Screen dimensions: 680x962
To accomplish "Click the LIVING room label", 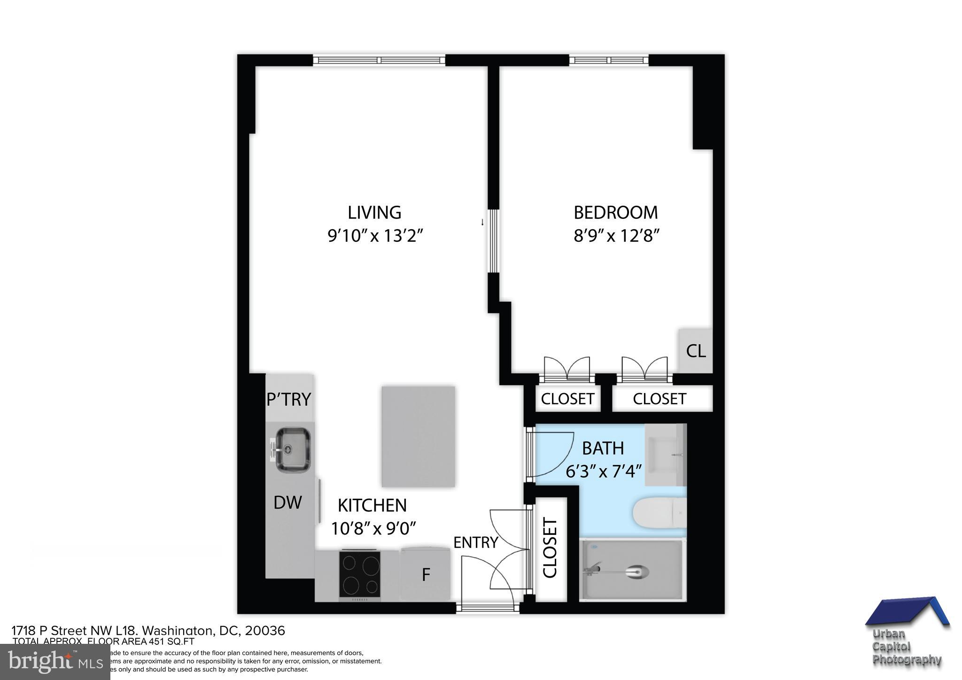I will [x=374, y=212].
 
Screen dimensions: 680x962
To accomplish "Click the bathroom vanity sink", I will [x=665, y=454].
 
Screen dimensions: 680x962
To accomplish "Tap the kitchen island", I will [x=418, y=436].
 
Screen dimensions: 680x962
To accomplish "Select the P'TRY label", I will [x=288, y=399].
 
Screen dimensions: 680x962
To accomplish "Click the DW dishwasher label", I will [x=287, y=503].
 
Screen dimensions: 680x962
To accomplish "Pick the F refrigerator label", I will [x=426, y=575].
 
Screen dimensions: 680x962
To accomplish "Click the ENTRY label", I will [x=475, y=542].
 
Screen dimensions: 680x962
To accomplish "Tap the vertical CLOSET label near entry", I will [x=550, y=548].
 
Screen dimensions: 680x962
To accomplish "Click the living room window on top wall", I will [x=379, y=60].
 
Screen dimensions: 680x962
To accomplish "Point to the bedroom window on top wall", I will [x=609, y=60].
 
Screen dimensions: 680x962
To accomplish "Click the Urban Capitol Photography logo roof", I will [x=907, y=612].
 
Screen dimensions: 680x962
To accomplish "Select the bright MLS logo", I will [x=55, y=662].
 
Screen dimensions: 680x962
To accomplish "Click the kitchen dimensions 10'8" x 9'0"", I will [x=374, y=528].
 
